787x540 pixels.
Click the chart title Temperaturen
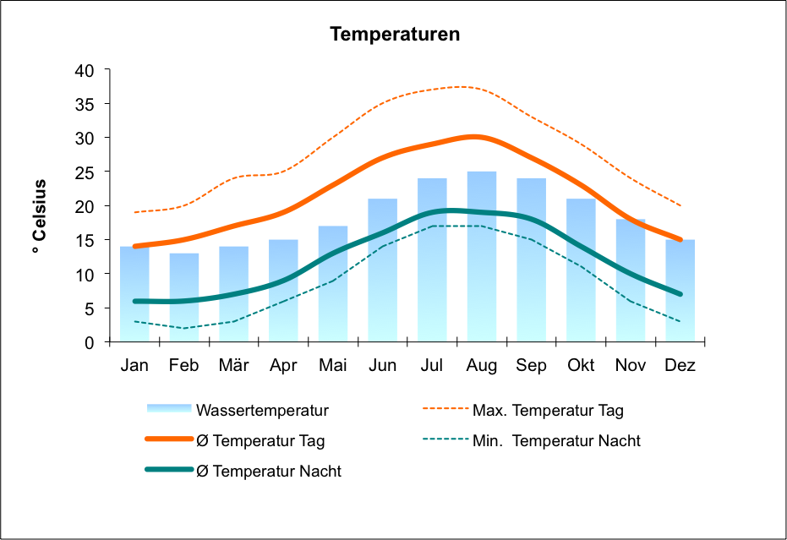click(395, 35)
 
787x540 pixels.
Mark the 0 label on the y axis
click(90, 342)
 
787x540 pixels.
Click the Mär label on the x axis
click(233, 366)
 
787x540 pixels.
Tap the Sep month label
click(532, 366)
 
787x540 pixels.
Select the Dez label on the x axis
click(680, 366)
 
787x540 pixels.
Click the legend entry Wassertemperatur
click(262, 411)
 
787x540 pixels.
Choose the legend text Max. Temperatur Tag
click(548, 411)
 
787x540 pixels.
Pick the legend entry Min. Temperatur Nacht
click(556, 440)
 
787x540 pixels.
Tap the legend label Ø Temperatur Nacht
click(269, 471)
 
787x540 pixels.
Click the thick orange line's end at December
click(680, 239)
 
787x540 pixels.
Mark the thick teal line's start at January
click(134, 301)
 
